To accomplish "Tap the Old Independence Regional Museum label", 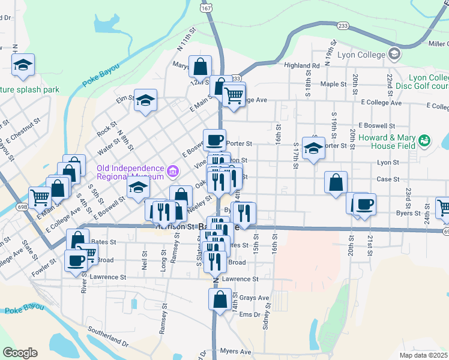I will pyautogui.click(x=130, y=172).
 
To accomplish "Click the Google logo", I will pyautogui.click(x=20, y=353).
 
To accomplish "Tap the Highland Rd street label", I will pyautogui.click(x=302, y=65).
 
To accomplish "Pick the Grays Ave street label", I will pyautogui.click(x=254, y=298).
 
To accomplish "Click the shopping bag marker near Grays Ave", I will pyautogui.click(x=220, y=298).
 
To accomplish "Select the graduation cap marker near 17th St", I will pyautogui.click(x=313, y=148).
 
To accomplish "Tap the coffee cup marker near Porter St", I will pyautogui.click(x=214, y=140).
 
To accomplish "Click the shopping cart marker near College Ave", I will pyautogui.click(x=234, y=93).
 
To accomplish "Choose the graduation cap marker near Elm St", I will pyautogui.click(x=145, y=100).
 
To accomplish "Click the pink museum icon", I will pyautogui.click(x=173, y=172).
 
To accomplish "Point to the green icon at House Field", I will pyautogui.click(x=425, y=141).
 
